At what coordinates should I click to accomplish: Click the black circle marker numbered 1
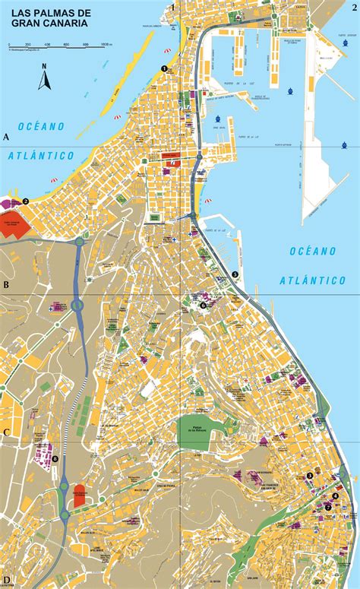pos(164,68)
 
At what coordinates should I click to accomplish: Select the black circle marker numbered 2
pos(26,201)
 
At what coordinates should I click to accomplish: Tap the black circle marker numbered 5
pos(235,274)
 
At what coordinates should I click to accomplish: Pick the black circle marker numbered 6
pos(203,306)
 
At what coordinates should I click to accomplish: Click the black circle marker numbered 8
pos(55,458)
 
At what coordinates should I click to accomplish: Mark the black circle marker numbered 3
pos(310,477)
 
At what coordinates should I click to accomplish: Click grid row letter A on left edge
pos(6,138)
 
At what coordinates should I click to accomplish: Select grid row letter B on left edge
pos(6,286)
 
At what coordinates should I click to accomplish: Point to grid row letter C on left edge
pos(6,432)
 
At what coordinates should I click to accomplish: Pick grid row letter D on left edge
pos(6,580)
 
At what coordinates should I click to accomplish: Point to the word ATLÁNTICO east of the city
pos(313,280)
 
